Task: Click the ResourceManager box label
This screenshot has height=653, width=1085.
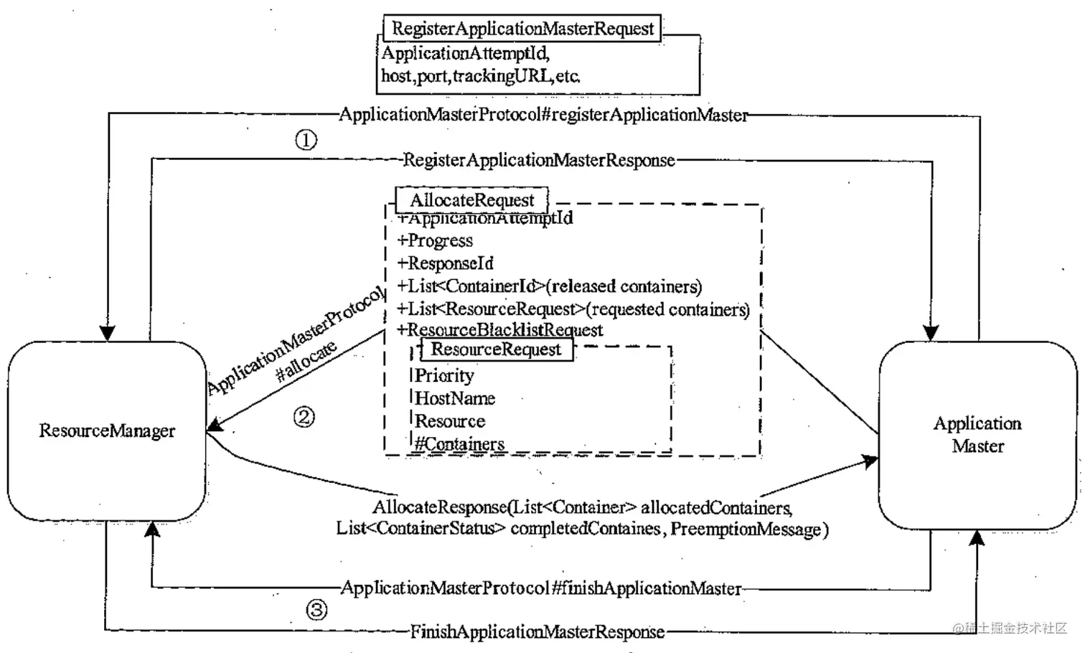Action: [x=107, y=431]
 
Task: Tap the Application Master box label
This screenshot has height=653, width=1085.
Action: [x=977, y=434]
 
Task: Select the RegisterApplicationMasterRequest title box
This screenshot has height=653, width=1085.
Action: [x=522, y=29]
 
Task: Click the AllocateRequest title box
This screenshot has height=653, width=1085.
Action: [x=472, y=200]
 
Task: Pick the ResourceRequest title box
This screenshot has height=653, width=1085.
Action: [x=496, y=349]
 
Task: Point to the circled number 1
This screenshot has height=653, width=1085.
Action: [x=306, y=139]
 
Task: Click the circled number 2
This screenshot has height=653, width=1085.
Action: [x=304, y=417]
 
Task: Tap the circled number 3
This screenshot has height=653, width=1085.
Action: [x=316, y=610]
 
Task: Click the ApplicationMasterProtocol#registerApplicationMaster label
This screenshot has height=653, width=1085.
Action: [x=543, y=115]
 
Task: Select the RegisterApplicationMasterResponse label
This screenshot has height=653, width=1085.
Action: [x=539, y=160]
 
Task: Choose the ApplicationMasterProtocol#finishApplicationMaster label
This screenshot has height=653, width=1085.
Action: [x=541, y=588]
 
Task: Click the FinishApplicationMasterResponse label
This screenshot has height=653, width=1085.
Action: [x=537, y=632]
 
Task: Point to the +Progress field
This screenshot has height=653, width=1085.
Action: [x=436, y=240]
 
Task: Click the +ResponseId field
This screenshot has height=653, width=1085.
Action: [x=446, y=263]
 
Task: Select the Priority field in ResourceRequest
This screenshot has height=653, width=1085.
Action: [x=444, y=375]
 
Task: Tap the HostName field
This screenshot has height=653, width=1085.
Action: [x=455, y=398]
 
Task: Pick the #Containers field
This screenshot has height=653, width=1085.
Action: [x=460, y=444]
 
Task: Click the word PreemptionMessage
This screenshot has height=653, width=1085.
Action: [x=748, y=530]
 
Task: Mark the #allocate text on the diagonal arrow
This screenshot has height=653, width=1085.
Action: [x=306, y=361]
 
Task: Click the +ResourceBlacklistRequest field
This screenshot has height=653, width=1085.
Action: [x=500, y=330]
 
